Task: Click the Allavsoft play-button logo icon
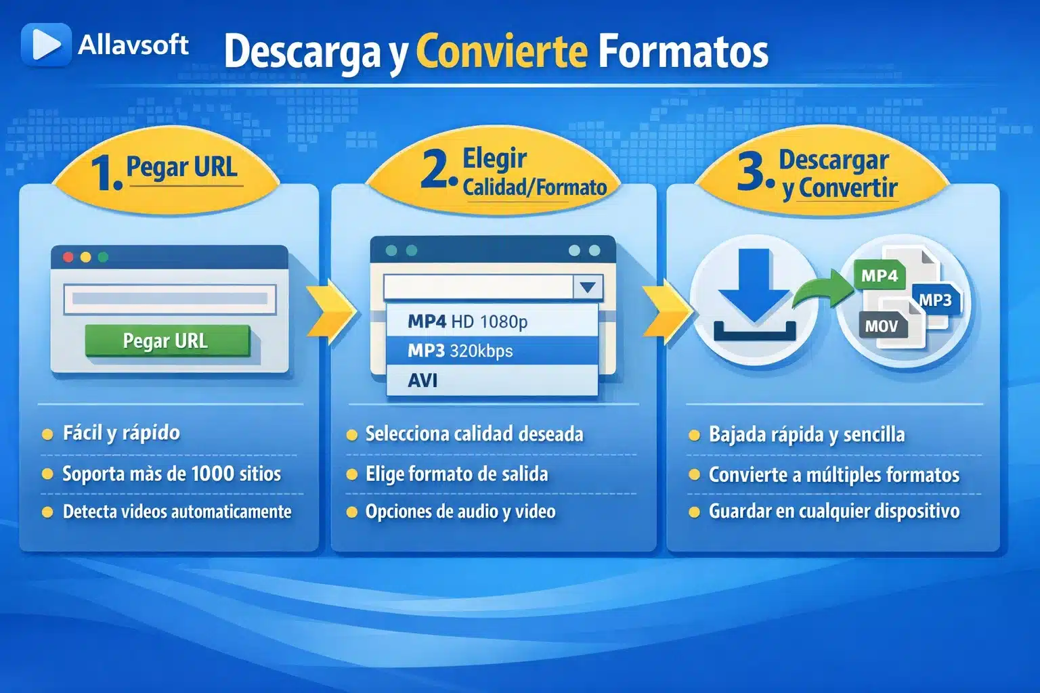coord(45,45)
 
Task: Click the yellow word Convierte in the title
coord(502,51)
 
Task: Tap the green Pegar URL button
coord(167,340)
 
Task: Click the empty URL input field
coord(169,298)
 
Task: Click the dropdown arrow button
coord(588,287)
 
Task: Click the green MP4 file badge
coord(880,275)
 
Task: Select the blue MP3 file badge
coord(935,300)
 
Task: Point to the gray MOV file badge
coord(882,326)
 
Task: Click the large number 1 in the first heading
coord(106,173)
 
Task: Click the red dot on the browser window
coord(68,257)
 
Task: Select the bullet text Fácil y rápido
coord(121,433)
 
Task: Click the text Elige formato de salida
coord(456,474)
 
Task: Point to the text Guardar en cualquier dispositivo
coord(833,511)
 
